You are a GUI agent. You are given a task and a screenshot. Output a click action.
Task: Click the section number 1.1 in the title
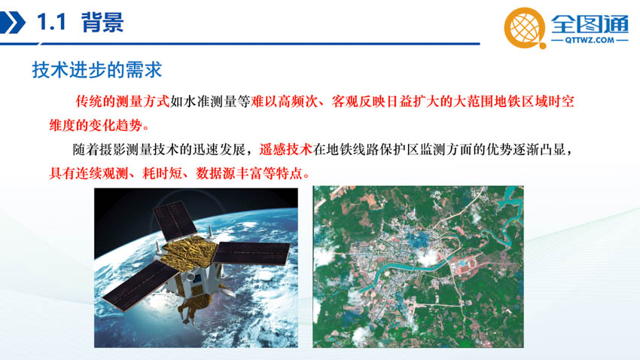[x=51, y=22]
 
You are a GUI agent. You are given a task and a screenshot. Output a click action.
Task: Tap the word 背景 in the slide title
[x=102, y=22]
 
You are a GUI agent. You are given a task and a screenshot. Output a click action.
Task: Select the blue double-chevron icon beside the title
[x=12, y=23]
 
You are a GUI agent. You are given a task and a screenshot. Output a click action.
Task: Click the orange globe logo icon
[x=525, y=28]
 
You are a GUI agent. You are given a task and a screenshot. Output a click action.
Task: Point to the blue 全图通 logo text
[x=590, y=23]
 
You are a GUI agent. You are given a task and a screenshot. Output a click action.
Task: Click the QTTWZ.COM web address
[x=590, y=40]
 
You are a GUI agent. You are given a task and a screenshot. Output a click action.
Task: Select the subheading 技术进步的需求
[x=97, y=70]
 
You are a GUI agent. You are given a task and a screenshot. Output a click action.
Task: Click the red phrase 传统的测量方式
[x=123, y=101]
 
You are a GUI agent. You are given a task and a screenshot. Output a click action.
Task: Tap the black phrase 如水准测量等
[x=210, y=101]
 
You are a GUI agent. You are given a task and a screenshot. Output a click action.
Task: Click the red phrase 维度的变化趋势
[x=96, y=125]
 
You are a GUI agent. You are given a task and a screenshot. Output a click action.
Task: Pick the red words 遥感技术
[x=285, y=149]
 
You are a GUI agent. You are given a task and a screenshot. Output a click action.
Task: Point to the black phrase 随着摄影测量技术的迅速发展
[x=159, y=149]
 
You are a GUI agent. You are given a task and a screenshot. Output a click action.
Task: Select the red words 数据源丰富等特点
[x=249, y=173]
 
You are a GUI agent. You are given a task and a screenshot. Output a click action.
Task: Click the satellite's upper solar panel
[x=175, y=221]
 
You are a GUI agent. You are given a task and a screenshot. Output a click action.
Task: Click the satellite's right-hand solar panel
[x=251, y=253]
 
